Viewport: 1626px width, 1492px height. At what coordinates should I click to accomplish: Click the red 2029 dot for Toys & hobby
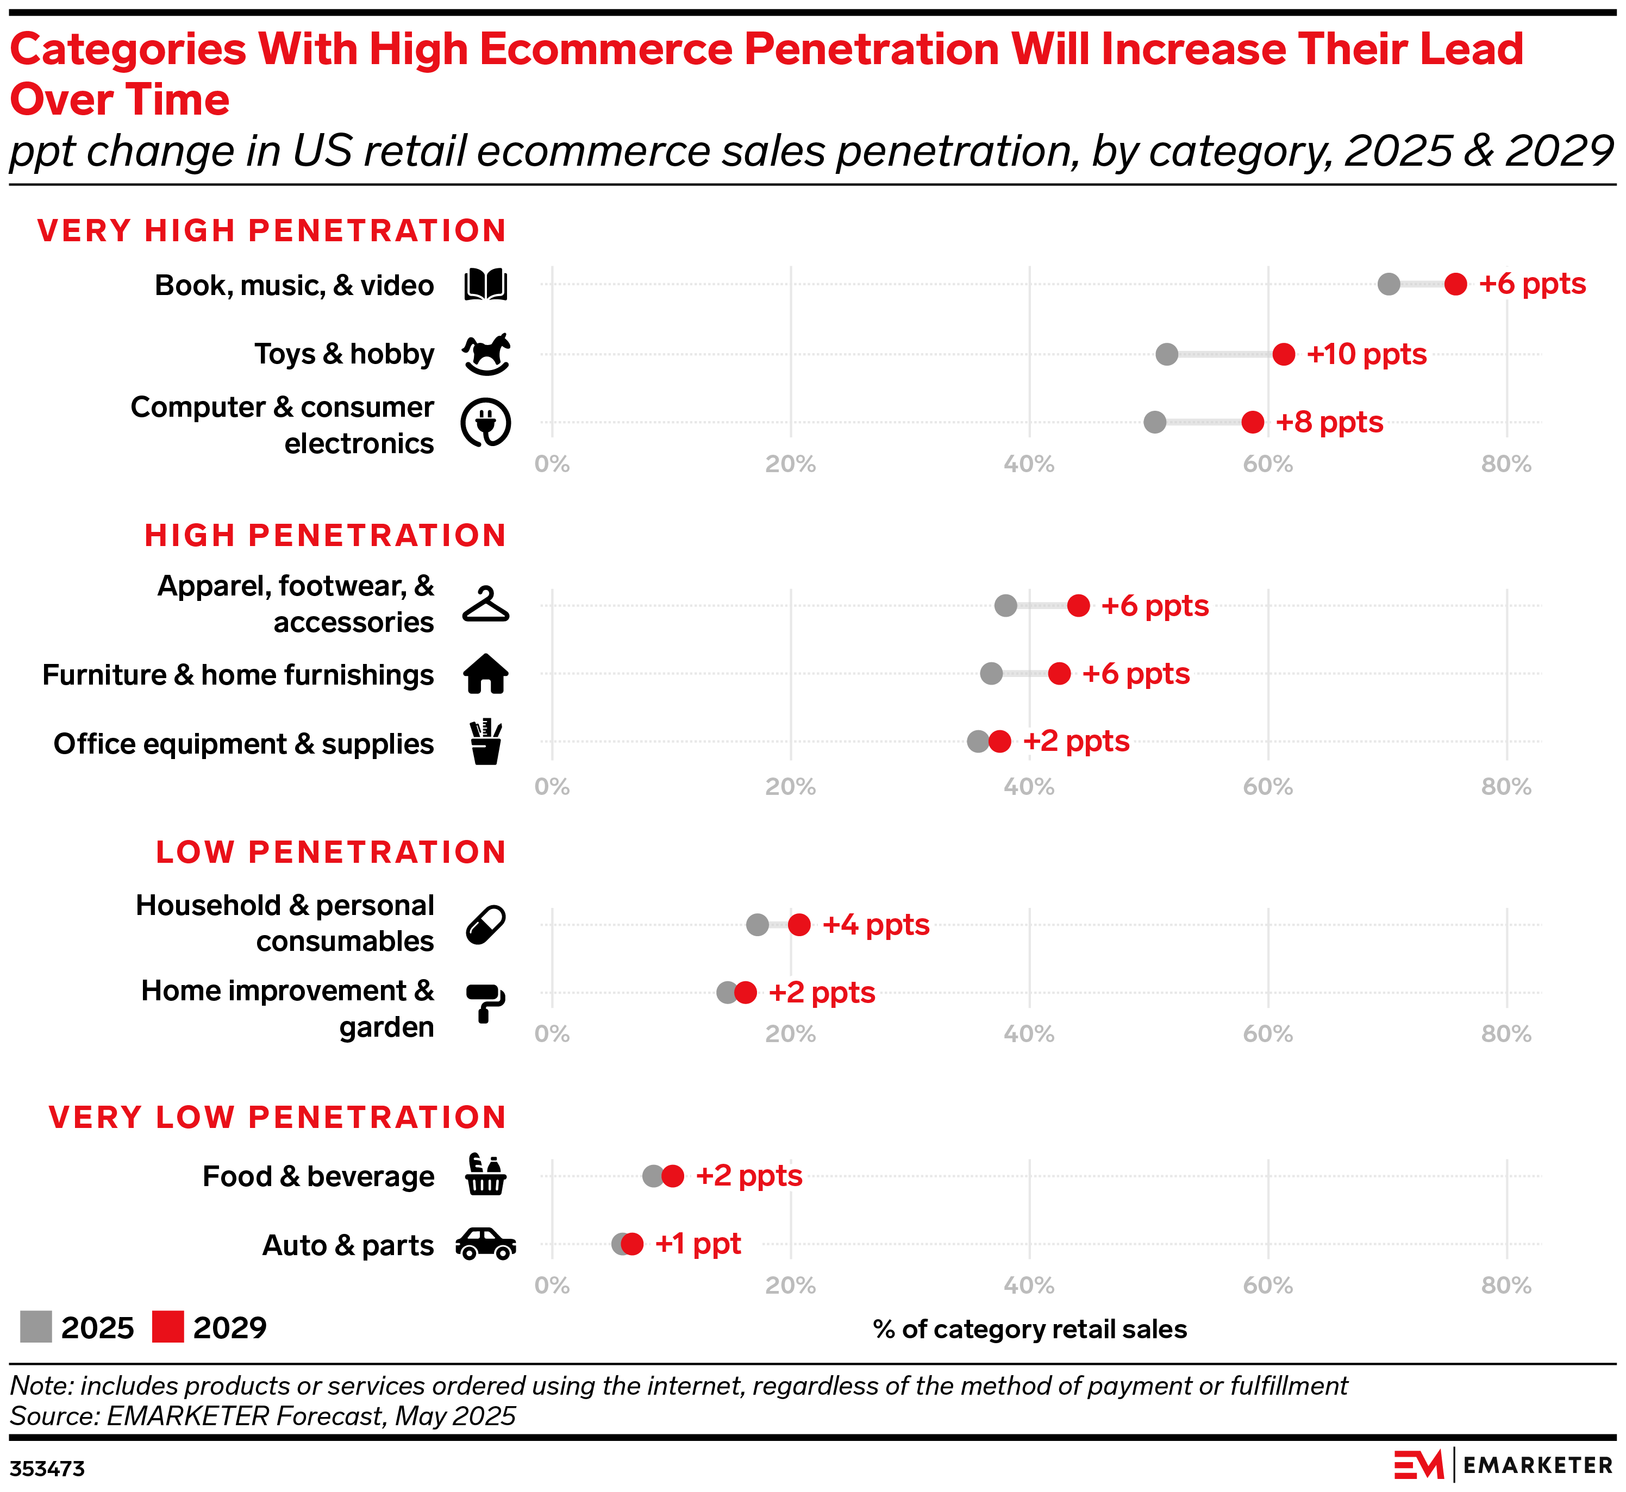click(x=1284, y=354)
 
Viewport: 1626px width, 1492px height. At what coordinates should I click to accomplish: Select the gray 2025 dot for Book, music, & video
click(x=1389, y=284)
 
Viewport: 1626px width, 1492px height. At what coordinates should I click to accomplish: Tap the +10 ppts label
click(x=1366, y=354)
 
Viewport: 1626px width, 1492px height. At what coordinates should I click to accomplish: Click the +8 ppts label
click(x=1329, y=422)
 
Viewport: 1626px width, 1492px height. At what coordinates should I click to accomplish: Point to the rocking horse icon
click(x=486, y=354)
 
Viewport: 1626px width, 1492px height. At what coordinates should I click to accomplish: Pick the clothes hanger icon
click(x=486, y=605)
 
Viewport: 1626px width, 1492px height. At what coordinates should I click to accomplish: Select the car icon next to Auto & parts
click(x=486, y=1244)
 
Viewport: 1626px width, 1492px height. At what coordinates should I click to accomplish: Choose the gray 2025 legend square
click(x=35, y=1326)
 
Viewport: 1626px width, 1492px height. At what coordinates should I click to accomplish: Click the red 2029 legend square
click(x=168, y=1326)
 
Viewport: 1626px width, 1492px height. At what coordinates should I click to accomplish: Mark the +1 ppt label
click(x=698, y=1243)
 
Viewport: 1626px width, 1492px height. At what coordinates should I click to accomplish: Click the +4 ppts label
click(x=875, y=924)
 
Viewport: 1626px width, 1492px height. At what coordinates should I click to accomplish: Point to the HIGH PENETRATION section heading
click(x=326, y=535)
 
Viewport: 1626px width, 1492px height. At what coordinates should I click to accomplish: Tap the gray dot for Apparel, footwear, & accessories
click(x=1005, y=605)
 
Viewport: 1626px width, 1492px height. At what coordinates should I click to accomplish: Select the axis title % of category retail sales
click(x=1029, y=1329)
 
